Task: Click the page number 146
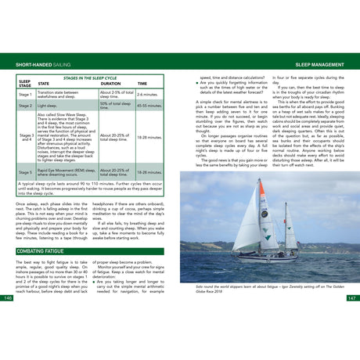(9, 298)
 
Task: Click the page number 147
(351, 298)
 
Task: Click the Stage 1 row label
(25, 93)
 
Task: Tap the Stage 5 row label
(25, 171)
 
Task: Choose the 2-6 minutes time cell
(149, 93)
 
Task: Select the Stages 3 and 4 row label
(25, 138)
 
